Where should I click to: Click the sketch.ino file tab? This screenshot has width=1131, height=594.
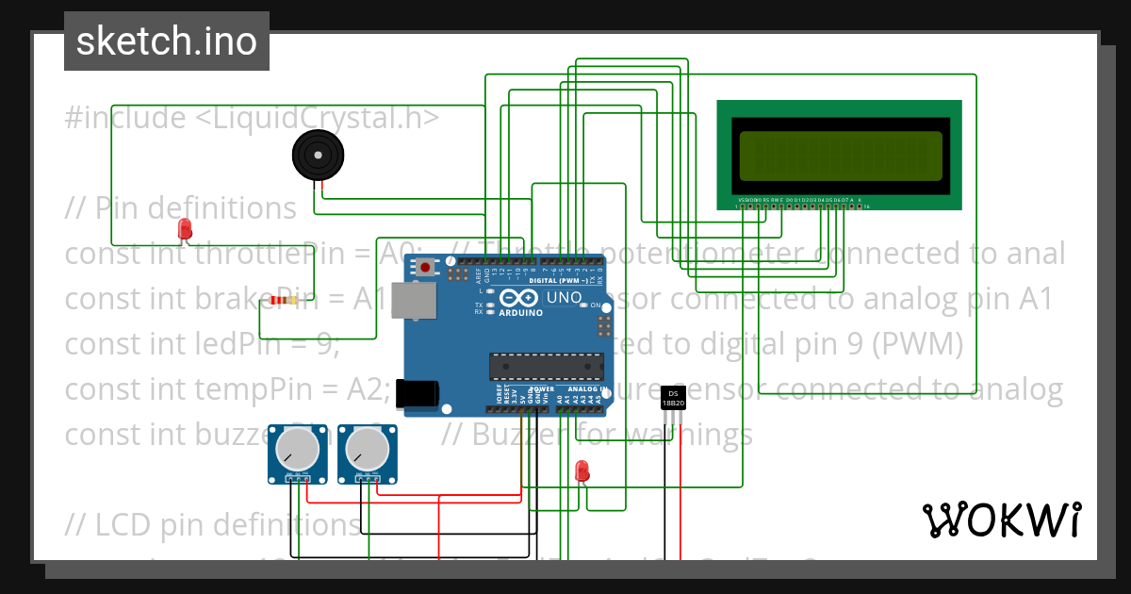pos(166,41)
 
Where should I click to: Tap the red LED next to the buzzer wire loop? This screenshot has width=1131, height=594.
pos(185,229)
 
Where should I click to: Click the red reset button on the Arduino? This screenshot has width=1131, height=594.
pos(426,268)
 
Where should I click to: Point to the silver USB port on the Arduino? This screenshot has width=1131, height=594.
pos(414,301)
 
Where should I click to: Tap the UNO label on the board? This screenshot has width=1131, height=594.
pos(565,297)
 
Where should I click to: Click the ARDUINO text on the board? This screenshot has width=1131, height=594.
pos(521,312)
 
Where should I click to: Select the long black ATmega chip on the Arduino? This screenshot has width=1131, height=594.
pos(546,365)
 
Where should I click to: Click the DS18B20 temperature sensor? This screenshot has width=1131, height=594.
pos(673,398)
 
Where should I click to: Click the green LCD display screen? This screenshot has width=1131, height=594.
pos(840,156)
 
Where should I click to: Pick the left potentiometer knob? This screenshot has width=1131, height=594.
pos(296,450)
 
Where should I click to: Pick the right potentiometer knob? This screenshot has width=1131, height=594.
pos(368,450)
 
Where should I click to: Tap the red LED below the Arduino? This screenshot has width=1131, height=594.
pos(582,469)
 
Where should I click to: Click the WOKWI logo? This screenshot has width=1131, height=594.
pos(1001,520)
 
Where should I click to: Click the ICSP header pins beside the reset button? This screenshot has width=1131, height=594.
pos(458,275)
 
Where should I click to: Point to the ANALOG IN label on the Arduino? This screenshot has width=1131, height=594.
pos(587,388)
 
